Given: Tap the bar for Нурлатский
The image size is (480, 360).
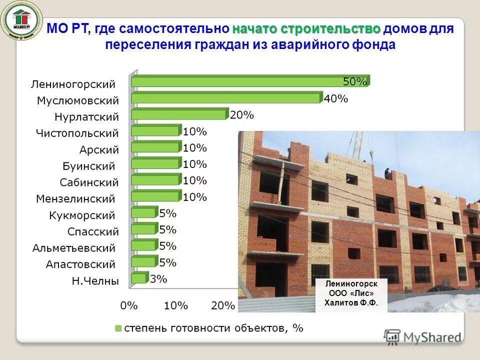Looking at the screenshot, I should tap(179, 115).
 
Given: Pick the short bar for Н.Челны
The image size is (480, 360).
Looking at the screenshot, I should tap(139, 278).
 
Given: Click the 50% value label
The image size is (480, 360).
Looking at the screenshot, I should tap(355, 81).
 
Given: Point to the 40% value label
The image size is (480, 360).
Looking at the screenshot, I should tap(336, 98).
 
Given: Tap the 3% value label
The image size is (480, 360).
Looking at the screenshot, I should tap(158, 279).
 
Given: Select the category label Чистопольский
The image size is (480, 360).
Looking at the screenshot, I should tap(77, 133).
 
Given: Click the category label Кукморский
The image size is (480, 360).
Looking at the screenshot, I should tap(82, 215).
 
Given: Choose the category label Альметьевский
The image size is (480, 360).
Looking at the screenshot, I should tap(73, 248).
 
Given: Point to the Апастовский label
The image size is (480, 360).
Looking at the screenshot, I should tap(80, 264).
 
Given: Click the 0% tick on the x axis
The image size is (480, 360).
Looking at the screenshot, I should tap(129, 305).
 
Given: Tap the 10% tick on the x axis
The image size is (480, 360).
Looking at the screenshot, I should tap(175, 305).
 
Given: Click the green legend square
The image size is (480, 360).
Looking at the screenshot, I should tap(118, 328).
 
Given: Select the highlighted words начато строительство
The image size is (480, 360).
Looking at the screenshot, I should tap(306, 28).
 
